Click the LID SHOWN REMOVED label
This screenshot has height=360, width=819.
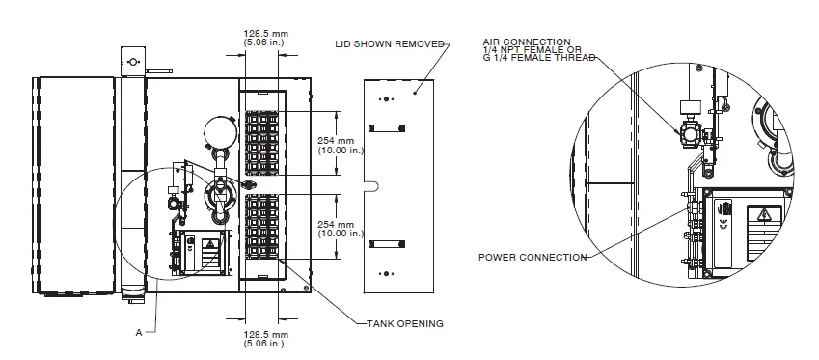coord(390,43)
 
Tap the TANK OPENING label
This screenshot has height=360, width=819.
coord(405,324)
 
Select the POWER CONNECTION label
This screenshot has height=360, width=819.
coord(532,257)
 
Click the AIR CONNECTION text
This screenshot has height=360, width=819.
coord(527,42)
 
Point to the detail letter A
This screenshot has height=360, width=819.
coord(139,332)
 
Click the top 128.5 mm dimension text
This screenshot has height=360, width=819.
coord(266,38)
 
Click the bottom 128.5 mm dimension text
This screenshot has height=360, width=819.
coord(266,339)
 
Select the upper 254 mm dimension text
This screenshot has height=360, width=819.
coord(340,145)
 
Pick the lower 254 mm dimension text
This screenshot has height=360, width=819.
coord(340,229)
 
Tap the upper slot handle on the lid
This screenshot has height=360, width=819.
coord(387,128)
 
